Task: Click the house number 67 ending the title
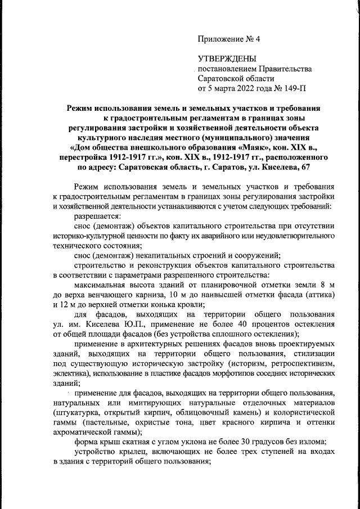pyautogui.click(x=304, y=167)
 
